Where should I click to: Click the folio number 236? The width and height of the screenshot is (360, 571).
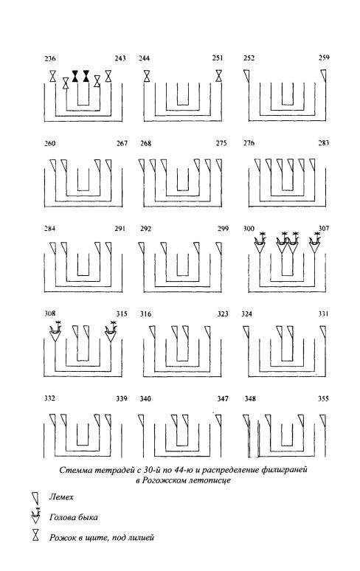click(50, 58)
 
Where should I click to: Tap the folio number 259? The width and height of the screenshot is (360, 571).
click(324, 58)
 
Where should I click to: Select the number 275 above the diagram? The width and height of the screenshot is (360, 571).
click(221, 143)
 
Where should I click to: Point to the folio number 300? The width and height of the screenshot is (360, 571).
click(249, 229)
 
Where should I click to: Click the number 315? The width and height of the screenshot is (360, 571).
click(122, 314)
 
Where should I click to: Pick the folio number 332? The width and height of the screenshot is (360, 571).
click(49, 398)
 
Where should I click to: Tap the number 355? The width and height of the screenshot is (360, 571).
click(323, 399)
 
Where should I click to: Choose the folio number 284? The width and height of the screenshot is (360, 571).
click(50, 229)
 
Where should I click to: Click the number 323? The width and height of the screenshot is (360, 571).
click(223, 314)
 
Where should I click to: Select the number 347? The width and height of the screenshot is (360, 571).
click(223, 399)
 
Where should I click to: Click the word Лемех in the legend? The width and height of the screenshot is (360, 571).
click(61, 497)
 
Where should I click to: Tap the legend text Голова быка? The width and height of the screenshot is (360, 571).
click(74, 517)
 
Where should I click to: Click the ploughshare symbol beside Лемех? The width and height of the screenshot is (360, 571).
click(35, 497)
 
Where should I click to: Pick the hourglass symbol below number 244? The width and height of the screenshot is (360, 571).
click(147, 76)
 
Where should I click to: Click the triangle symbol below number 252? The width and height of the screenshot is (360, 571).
click(247, 76)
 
